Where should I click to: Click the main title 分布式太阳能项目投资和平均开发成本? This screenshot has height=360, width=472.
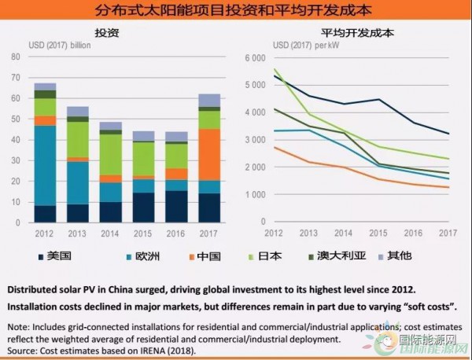236,12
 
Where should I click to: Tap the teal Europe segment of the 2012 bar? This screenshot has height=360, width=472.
45,165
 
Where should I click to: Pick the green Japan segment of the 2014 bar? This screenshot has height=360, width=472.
110,154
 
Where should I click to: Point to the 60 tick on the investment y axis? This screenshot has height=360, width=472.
16,98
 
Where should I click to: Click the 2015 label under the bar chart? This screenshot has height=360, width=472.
144,233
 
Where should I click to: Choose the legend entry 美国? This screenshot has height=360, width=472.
57,255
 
